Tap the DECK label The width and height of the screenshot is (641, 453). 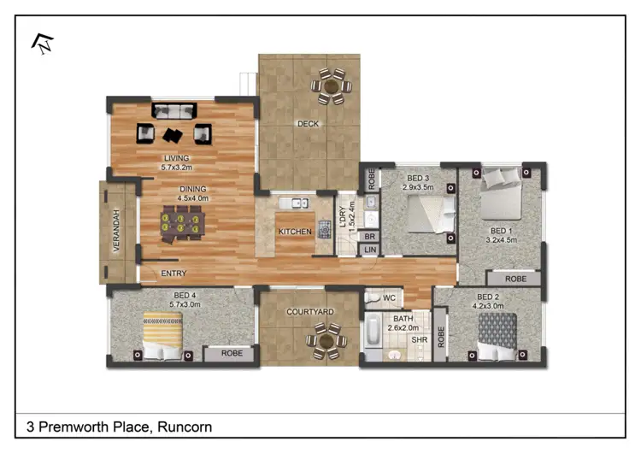click(309, 124)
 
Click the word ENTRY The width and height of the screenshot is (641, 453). click(173, 274)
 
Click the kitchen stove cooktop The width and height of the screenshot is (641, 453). click(325, 229)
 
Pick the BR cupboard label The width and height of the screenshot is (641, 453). click(369, 237)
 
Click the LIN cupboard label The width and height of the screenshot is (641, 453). click(369, 250)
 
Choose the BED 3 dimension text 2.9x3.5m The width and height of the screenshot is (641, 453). click(420, 186)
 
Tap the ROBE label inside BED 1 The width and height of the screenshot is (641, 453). click(515, 279)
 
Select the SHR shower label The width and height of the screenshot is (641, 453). click(419, 339)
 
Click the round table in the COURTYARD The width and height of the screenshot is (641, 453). click(325, 339)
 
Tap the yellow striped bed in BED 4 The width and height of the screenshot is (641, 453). click(162, 335)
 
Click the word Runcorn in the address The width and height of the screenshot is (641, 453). click(183, 427)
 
